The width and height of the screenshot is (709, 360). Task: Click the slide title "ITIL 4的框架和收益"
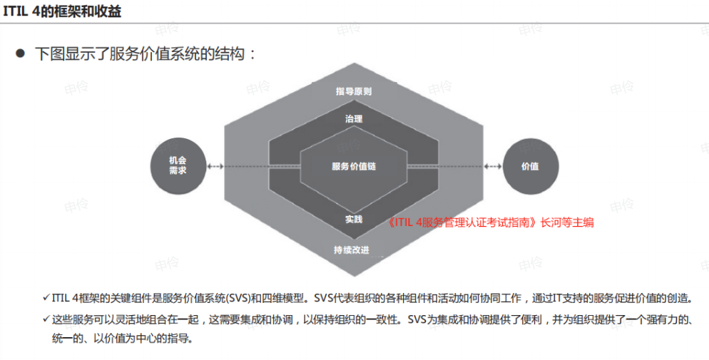coord(62,11)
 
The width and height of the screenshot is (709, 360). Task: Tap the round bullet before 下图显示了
coord(20,53)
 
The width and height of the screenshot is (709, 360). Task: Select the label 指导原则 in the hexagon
coord(354,91)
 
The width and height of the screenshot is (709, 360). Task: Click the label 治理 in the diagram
coord(354,119)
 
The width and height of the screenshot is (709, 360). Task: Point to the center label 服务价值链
coord(354,166)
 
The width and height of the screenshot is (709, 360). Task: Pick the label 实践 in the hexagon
coord(354,219)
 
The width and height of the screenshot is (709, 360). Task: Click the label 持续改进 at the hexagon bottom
coord(352,250)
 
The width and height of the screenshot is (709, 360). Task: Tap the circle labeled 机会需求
coord(178,166)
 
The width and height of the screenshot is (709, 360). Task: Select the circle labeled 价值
coord(531,166)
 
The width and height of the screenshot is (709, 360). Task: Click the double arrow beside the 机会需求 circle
coord(215,167)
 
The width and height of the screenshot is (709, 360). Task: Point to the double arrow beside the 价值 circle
coord(493,167)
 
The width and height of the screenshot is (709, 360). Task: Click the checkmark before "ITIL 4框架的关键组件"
coord(46,298)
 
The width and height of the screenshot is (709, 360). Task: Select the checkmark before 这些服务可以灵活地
coord(46,319)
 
